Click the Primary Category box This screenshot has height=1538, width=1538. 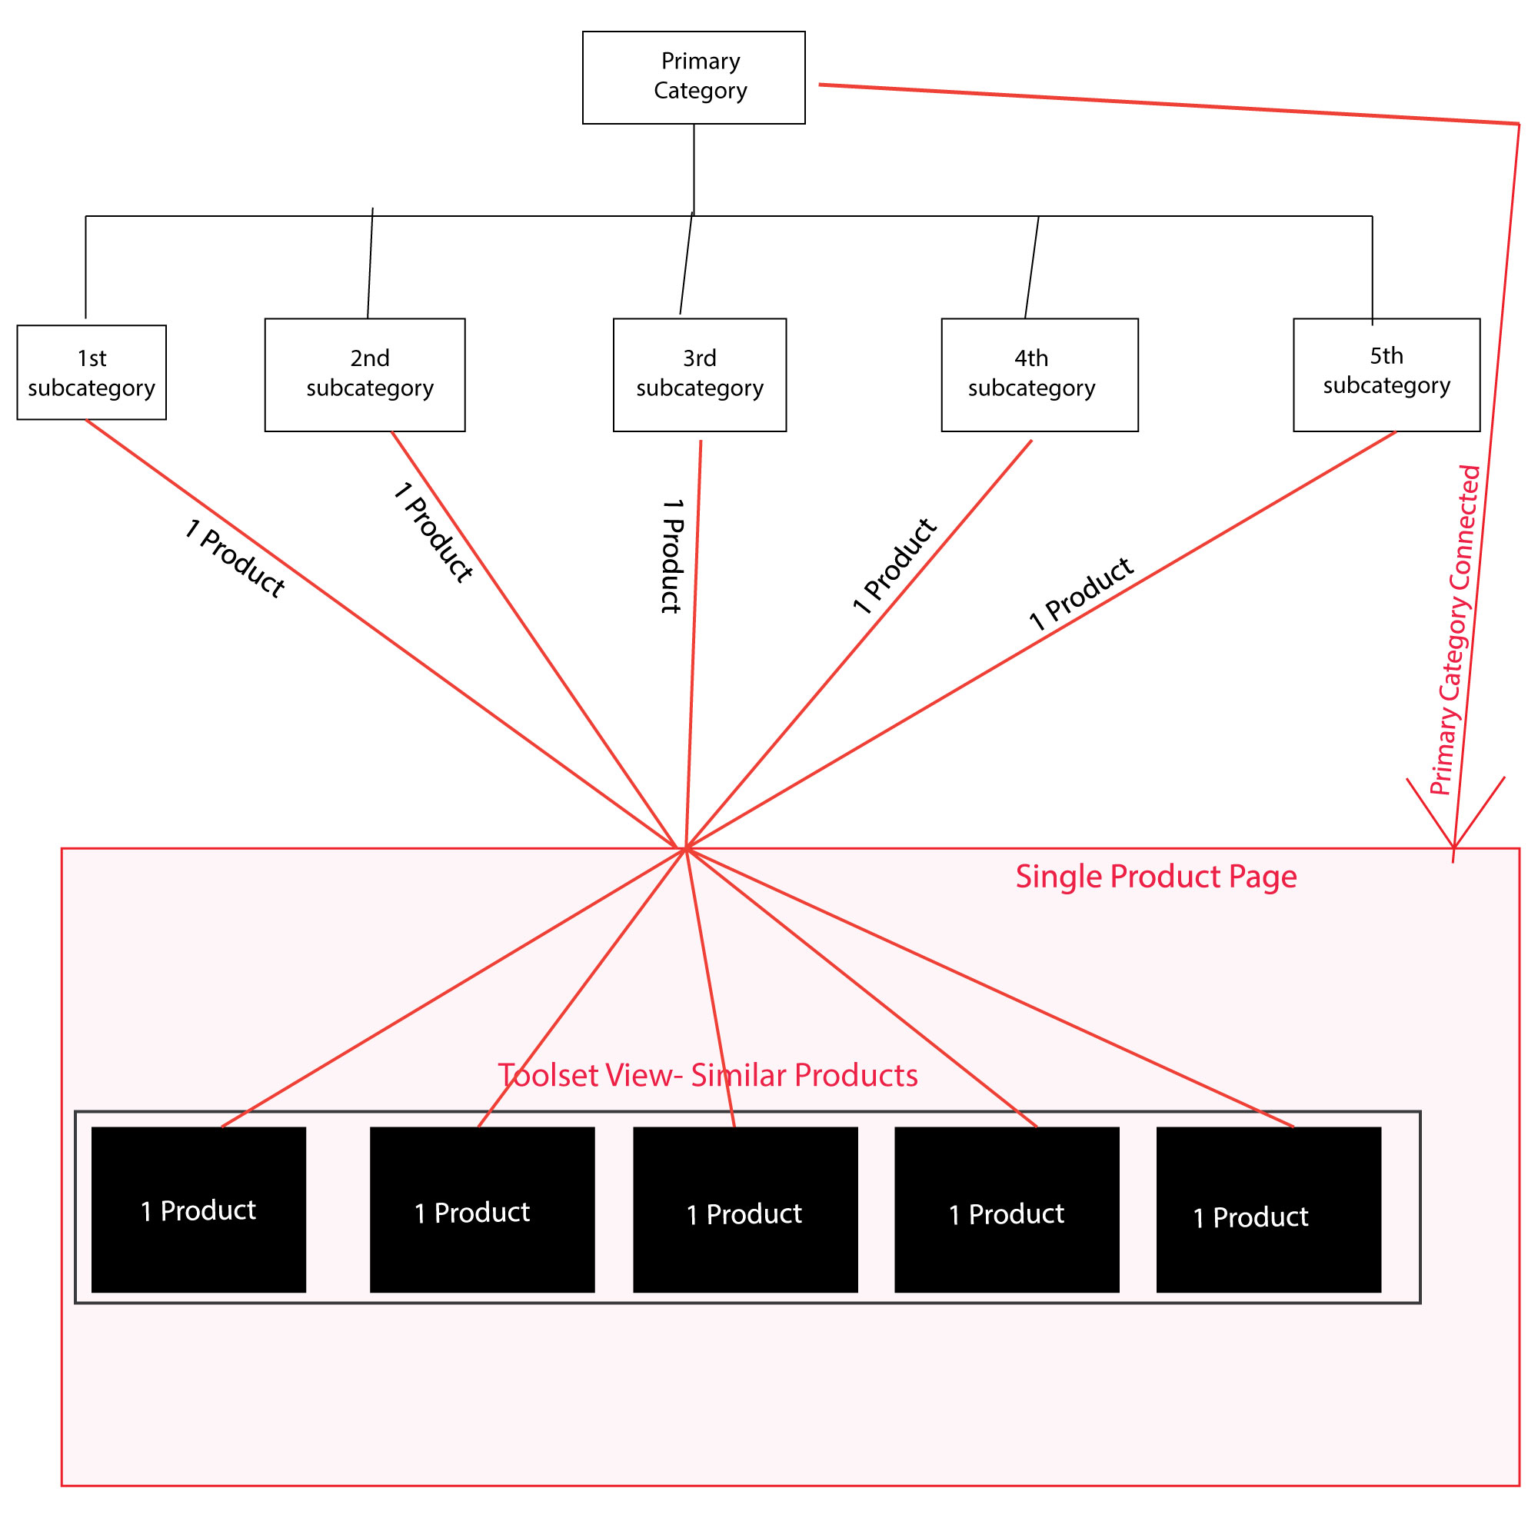pos(694,77)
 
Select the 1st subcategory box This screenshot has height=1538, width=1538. pos(92,372)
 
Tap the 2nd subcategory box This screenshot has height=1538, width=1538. pos(365,375)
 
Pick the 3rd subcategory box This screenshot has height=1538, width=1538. pos(700,375)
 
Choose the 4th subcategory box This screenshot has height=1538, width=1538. pos(1040,375)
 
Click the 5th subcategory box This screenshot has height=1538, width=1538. pos(1387,375)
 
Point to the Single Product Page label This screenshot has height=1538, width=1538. pos(1156,877)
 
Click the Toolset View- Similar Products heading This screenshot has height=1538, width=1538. pos(707,1076)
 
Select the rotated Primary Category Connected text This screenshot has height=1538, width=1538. pos(1456,631)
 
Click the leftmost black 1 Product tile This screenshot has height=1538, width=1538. pos(198,1210)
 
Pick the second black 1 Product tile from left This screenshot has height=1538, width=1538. pos(481,1210)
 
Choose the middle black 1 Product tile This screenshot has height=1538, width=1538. pos(745,1210)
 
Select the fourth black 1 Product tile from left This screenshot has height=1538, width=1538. pos(1007,1210)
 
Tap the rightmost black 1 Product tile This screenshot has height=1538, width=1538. pos(1268,1210)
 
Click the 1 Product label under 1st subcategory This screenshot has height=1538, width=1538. pos(235,558)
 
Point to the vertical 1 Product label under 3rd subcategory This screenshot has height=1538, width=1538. pos(673,557)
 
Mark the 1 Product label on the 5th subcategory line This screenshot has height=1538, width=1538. pos(1081,593)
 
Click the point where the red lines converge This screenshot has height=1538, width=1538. pos(685,849)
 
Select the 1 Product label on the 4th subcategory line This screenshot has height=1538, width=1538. pos(895,566)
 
